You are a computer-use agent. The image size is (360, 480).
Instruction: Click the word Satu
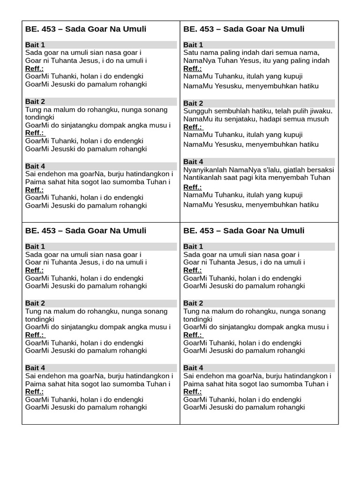(191, 52)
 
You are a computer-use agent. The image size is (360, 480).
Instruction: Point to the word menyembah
(292, 178)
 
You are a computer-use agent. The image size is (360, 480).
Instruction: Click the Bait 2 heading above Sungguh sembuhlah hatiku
(193, 103)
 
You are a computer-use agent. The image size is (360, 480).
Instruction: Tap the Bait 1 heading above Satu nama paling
(193, 45)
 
